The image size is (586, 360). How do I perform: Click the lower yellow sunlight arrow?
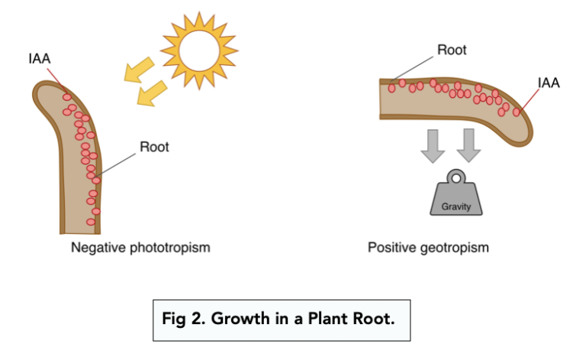151,93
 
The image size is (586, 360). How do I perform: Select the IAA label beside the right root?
549,83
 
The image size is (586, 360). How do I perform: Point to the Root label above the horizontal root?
452,51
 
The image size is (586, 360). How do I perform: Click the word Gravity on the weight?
456,206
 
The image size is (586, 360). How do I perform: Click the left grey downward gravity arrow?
434,144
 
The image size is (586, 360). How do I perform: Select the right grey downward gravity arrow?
471,144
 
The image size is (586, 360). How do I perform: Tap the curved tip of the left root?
46,90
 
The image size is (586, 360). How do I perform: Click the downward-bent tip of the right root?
523,126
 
